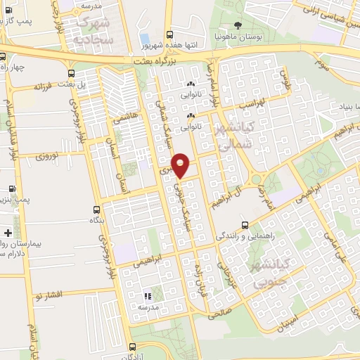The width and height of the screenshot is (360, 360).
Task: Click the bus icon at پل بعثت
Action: tap(71, 73)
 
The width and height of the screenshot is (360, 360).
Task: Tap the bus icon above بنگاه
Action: tap(98, 210)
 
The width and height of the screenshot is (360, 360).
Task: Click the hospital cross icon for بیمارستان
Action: tap(7, 233)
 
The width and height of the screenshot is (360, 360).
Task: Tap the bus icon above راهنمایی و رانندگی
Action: tap(244, 226)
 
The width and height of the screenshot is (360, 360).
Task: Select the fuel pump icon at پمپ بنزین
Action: tap(11, 189)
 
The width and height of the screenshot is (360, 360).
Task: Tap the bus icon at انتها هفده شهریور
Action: tap(169, 34)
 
